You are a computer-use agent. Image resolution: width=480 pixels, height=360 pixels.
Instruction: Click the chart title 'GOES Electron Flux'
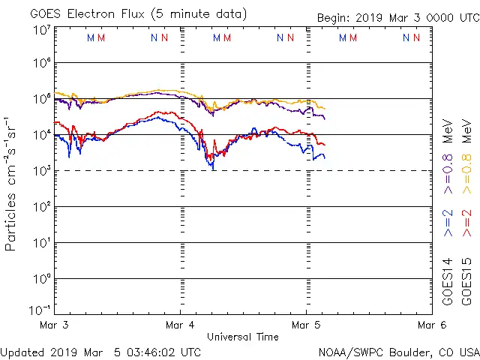(x=83, y=13)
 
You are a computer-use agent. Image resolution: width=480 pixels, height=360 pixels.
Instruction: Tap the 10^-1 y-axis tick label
(x=40, y=309)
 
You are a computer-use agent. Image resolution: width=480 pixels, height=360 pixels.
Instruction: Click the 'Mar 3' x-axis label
(x=54, y=325)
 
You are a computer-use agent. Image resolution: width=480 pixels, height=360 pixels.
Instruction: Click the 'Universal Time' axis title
(x=243, y=337)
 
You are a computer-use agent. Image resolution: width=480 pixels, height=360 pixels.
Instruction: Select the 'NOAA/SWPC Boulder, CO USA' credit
(x=398, y=352)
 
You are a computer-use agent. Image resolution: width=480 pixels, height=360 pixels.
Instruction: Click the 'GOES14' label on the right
(x=448, y=280)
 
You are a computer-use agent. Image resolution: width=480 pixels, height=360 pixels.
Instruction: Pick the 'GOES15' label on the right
(x=466, y=280)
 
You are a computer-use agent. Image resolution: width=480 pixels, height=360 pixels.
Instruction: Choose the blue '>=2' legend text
(x=448, y=223)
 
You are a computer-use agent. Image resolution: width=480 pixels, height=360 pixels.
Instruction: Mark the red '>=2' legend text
(x=466, y=223)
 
